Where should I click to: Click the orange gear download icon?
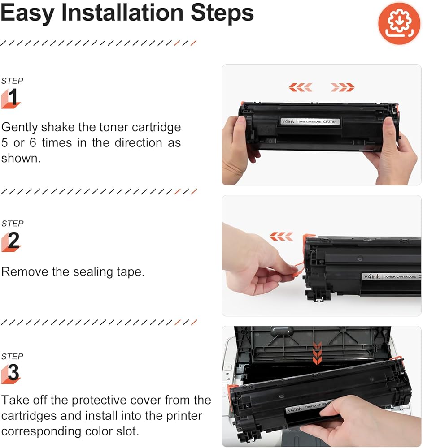click(399, 23)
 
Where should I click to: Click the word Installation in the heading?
click(122, 13)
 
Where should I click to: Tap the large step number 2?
click(13, 240)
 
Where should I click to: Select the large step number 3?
click(13, 372)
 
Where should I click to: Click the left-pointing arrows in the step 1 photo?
click(300, 87)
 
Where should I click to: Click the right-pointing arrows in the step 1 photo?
click(343, 87)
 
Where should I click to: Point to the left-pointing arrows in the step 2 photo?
click(281, 236)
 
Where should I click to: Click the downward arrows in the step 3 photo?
click(317, 353)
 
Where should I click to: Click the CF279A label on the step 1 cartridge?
click(330, 122)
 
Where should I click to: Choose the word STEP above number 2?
click(12, 224)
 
